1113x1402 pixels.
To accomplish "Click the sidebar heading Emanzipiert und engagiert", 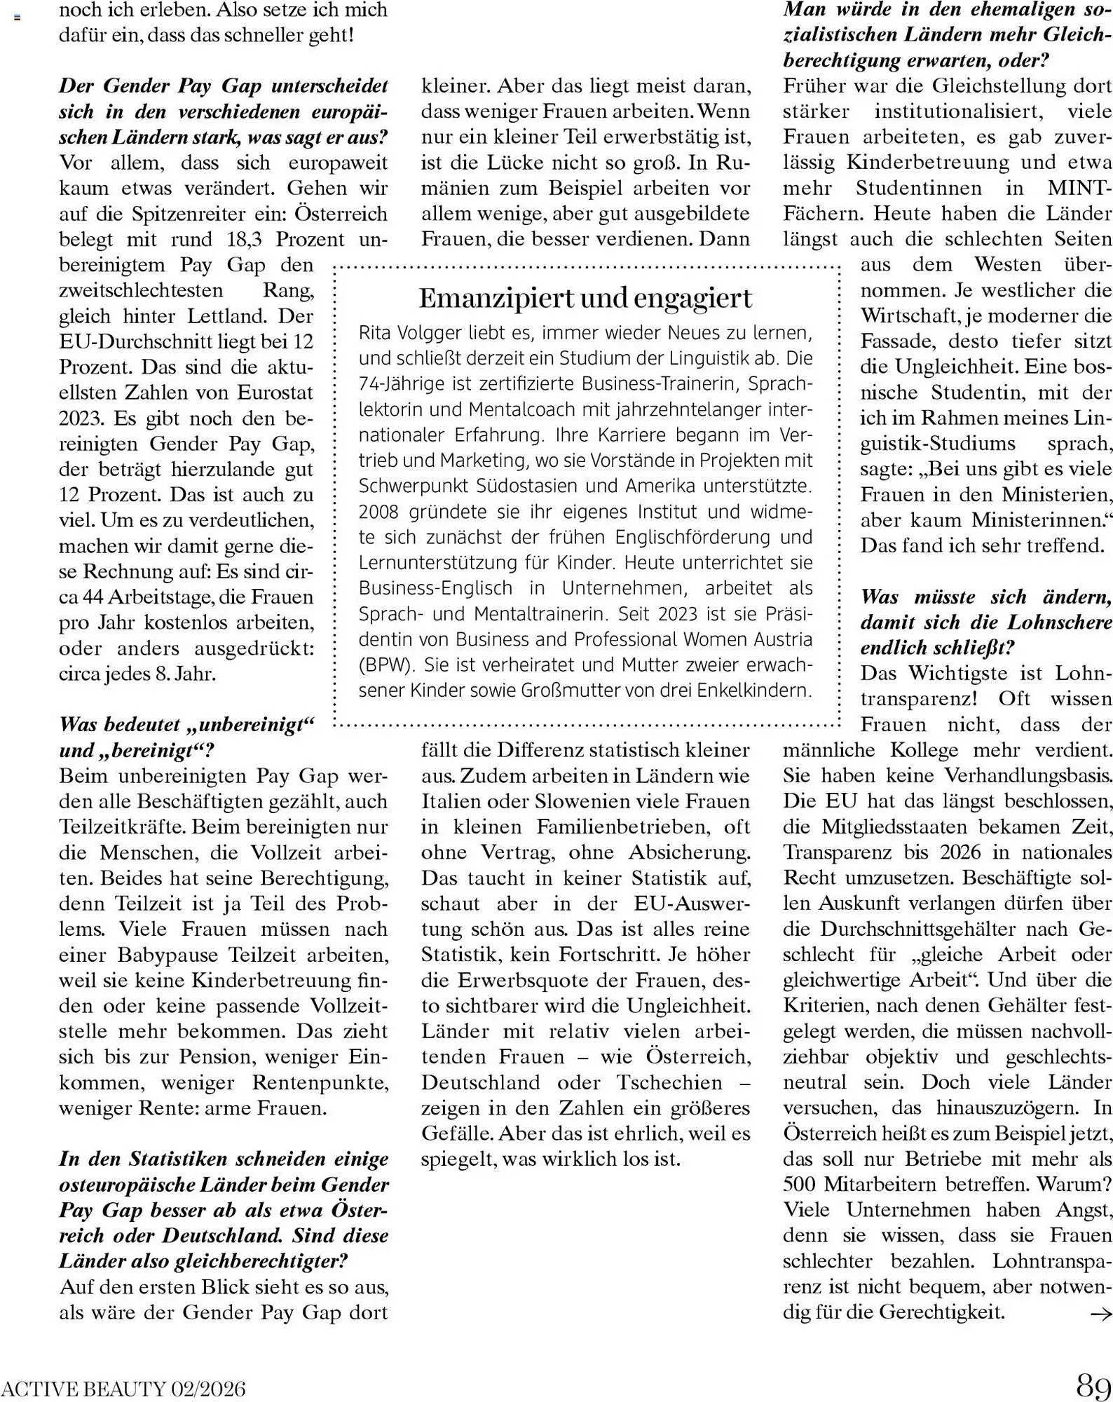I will [585, 298].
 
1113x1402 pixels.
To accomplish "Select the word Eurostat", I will [275, 393].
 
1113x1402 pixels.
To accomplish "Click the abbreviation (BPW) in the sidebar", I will [386, 665].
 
